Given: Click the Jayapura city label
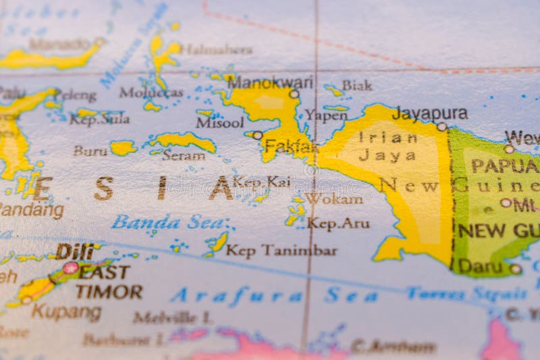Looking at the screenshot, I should (429, 113).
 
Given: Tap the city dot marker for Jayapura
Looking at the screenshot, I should (441, 126).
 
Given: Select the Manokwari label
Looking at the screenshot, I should (270, 82).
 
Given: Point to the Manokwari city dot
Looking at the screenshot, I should (294, 94).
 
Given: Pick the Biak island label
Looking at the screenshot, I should (356, 85).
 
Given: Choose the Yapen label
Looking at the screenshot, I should (326, 115).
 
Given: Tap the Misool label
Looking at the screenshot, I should (220, 122).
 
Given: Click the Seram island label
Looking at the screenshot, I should (183, 155).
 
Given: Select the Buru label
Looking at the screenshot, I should (90, 151).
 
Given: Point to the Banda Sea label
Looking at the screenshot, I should (167, 222).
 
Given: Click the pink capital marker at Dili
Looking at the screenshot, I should (70, 267).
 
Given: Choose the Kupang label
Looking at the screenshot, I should (66, 312).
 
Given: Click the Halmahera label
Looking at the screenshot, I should (217, 49).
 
